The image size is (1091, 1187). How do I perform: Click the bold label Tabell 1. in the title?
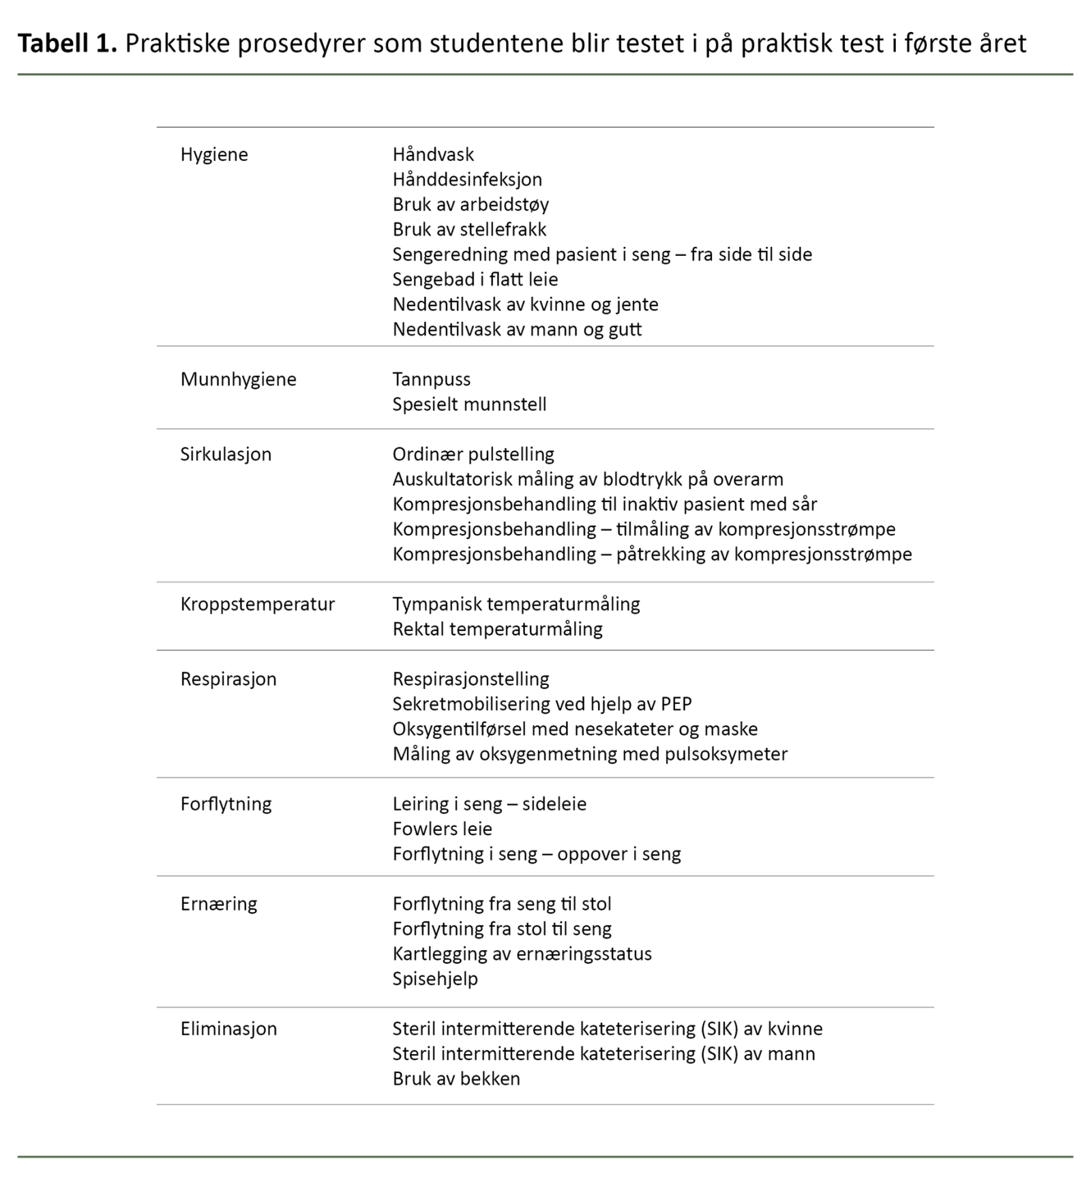coord(68,44)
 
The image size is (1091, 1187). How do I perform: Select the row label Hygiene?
coord(214,155)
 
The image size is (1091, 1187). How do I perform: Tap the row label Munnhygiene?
coord(238,379)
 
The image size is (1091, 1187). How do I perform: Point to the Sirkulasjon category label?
coord(226,454)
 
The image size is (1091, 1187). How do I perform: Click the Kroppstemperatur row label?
coord(257,604)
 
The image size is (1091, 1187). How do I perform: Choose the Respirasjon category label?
coord(228,679)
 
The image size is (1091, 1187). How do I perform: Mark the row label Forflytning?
coord(226,804)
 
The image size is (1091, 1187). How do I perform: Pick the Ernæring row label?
coord(218,905)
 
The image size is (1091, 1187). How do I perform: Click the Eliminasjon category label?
coord(228,1029)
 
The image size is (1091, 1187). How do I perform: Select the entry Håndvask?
coord(433,155)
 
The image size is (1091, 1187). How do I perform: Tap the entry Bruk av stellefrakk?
coord(469,230)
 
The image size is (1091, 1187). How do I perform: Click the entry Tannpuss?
coord(431,379)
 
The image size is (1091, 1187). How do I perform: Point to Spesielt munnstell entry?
coord(469,405)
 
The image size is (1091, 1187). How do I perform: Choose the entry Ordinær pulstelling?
coord(473,454)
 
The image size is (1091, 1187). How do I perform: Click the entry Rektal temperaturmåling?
coord(497,629)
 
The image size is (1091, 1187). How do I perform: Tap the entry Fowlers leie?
coord(442,829)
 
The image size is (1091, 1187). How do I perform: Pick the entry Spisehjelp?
coord(435,979)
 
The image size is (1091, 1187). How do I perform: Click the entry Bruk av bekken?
coord(456,1079)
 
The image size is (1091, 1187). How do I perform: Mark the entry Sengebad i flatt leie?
coord(475,280)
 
